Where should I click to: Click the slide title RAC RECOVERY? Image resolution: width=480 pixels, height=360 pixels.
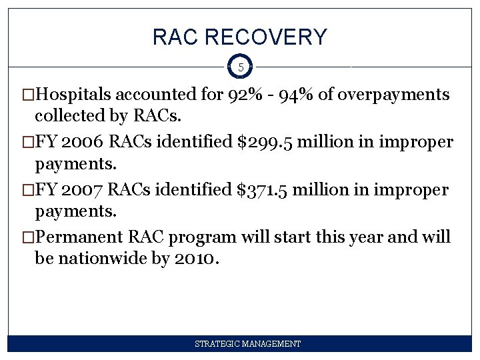coord(240,37)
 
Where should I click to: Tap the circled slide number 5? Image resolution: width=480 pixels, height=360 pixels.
coord(240,67)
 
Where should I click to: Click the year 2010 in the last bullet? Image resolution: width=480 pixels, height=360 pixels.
coord(195,258)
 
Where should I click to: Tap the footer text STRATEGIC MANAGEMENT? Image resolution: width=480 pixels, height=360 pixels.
coord(247,344)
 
